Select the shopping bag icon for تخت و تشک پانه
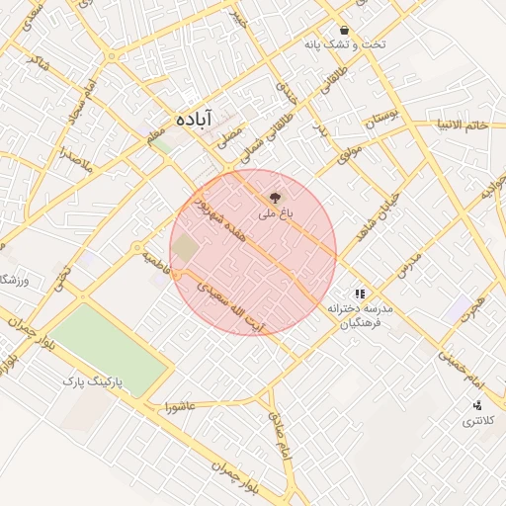coord(344,30)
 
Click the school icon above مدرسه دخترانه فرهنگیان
coord(361,294)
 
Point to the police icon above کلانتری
coord(477,405)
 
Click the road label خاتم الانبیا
coord(464,125)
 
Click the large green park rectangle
coord(109,347)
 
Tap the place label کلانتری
coord(477,422)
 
